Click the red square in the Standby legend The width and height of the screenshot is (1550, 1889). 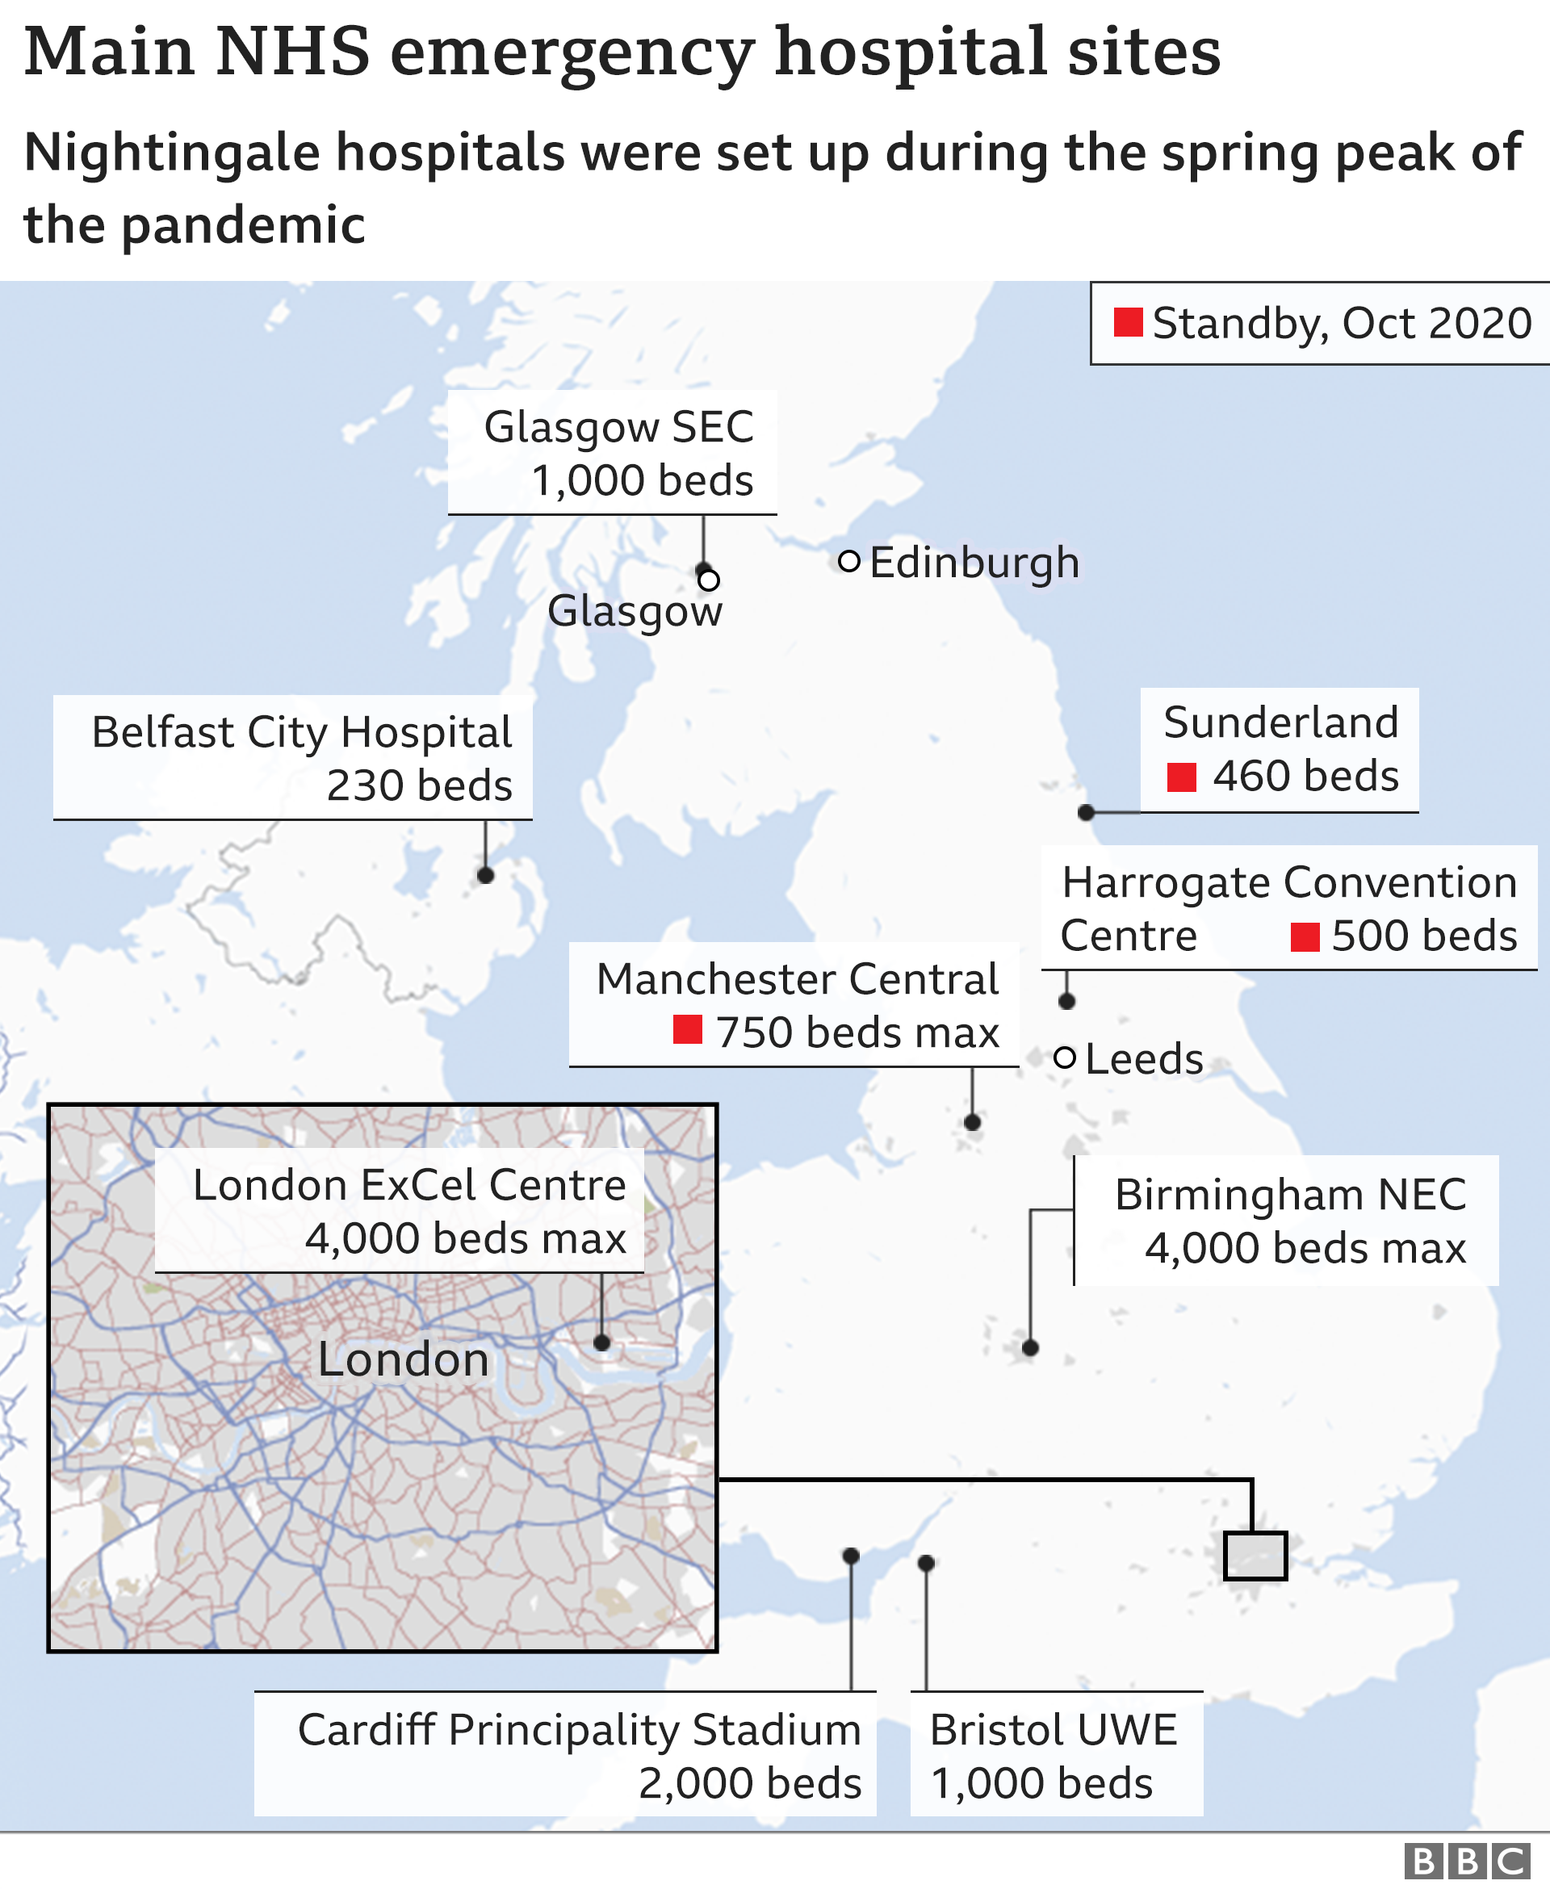point(1129,322)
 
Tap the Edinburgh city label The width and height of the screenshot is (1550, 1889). point(974,563)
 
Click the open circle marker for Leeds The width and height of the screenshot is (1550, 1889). point(1064,1058)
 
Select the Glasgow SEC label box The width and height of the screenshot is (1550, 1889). point(613,453)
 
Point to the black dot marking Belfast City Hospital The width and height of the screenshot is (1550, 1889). point(486,876)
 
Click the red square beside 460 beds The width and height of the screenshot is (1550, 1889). point(1181,777)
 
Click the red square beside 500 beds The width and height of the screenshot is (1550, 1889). point(1305,937)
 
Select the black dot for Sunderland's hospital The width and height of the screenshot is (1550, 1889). point(1086,812)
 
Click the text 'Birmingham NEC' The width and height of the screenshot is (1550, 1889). point(1290,1195)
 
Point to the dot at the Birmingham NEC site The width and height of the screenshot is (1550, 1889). point(1030,1348)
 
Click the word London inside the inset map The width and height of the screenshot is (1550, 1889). point(404,1359)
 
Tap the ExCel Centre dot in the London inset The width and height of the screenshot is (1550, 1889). point(601,1342)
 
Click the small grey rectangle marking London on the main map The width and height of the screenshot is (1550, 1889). point(1255,1556)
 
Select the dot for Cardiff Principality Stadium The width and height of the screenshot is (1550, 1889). point(851,1556)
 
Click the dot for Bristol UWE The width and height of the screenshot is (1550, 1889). point(926,1563)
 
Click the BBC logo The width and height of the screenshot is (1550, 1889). point(1465,1862)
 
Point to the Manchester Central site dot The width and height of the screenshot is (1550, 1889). point(972,1122)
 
